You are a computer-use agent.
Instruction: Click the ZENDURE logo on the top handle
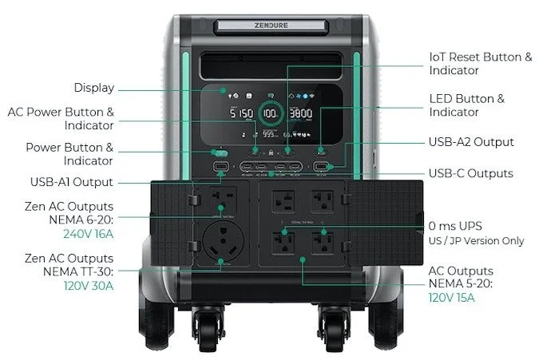(271, 25)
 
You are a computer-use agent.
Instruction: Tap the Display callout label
(94, 88)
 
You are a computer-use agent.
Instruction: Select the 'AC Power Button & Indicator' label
(61, 118)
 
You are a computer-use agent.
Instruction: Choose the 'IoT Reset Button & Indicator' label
(480, 64)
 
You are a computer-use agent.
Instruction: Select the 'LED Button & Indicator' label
(467, 105)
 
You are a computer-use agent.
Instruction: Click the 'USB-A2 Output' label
(471, 142)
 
